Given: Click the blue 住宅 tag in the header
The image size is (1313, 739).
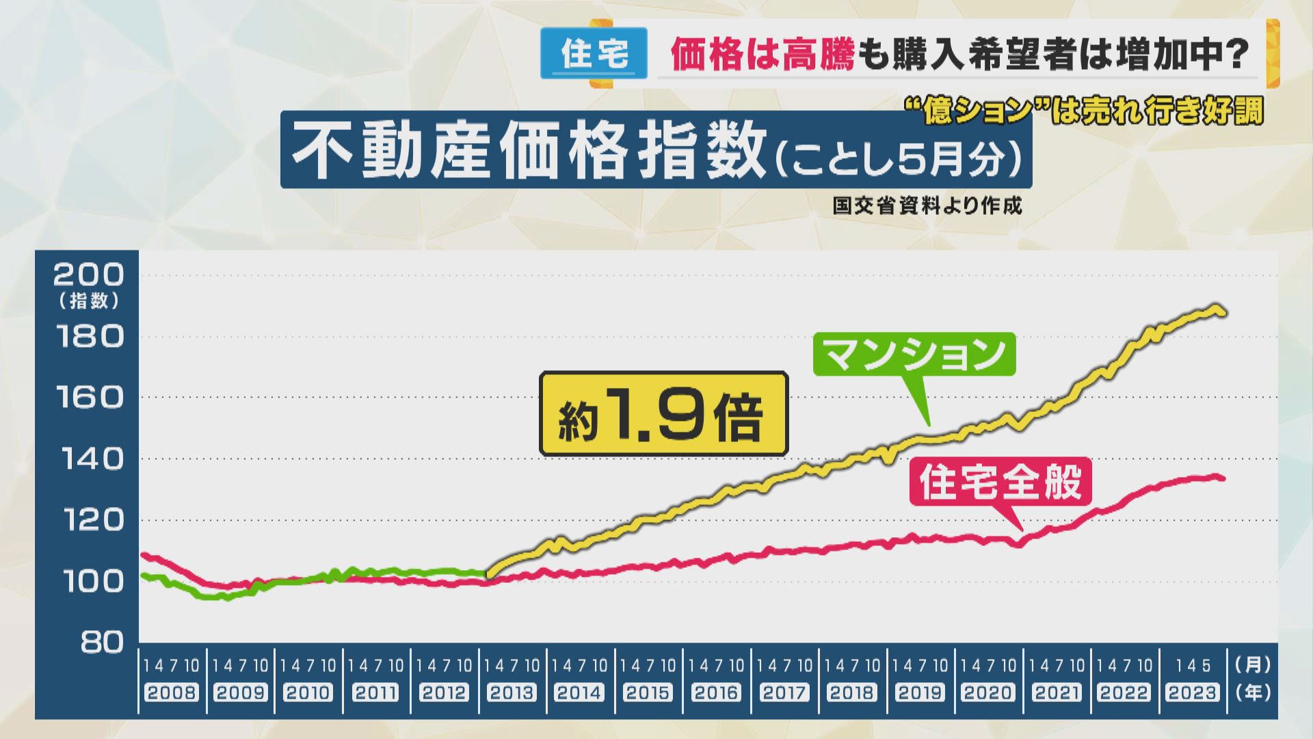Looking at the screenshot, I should click(x=594, y=53).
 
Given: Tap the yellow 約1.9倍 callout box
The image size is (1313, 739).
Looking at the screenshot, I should click(x=663, y=415).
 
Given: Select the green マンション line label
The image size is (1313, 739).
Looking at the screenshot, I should click(x=914, y=354).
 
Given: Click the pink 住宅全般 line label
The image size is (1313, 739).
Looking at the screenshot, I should click(x=1000, y=482).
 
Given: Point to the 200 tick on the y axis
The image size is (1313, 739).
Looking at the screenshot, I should click(x=89, y=275).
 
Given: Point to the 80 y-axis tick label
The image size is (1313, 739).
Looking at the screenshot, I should click(x=101, y=643).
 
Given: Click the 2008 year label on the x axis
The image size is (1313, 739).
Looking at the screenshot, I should click(x=172, y=692).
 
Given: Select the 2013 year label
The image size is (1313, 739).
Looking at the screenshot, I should click(x=512, y=692).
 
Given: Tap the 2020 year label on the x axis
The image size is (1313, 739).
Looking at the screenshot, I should click(x=987, y=692).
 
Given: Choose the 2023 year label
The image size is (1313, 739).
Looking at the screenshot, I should click(x=1192, y=692).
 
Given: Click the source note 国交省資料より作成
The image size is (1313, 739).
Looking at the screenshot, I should click(x=927, y=206).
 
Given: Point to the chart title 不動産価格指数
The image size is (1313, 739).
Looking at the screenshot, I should click(x=530, y=151).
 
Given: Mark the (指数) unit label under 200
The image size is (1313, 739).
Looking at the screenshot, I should click(x=89, y=300).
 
